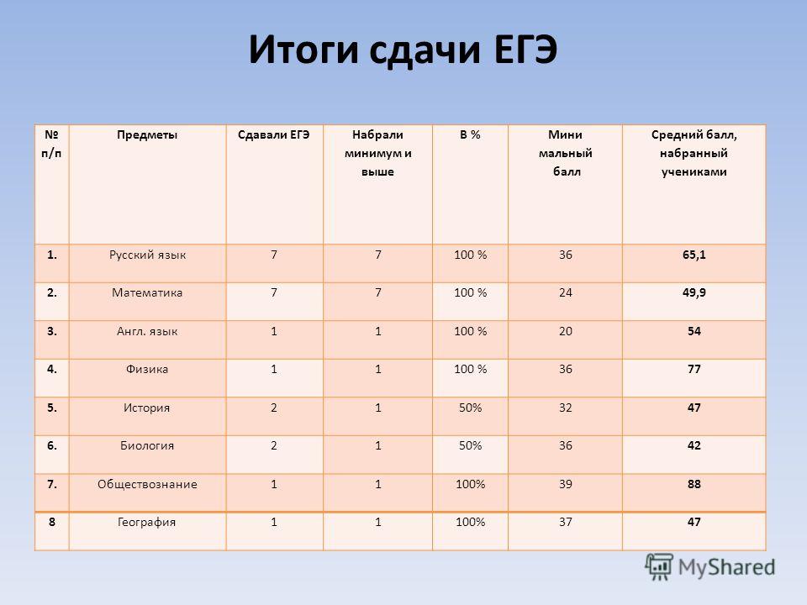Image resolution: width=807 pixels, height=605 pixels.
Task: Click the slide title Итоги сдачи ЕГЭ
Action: click(403, 50)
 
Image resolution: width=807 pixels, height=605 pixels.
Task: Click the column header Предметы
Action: click(147, 135)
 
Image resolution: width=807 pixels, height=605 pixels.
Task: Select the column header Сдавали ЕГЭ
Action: click(274, 134)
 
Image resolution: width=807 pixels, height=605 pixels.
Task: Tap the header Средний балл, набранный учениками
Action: click(694, 153)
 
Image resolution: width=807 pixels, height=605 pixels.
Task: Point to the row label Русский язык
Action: click(147, 255)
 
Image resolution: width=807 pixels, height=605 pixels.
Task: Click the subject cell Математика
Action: click(147, 292)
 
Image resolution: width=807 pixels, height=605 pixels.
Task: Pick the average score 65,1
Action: click(694, 255)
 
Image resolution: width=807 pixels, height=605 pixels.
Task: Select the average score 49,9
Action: click(694, 292)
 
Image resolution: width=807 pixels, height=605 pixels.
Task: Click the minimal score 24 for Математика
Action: click(565, 292)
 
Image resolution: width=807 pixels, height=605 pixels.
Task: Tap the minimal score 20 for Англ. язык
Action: click(565, 331)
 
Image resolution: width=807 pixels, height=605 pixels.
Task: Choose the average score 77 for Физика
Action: click(694, 369)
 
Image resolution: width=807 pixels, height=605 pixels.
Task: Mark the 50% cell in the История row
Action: click(470, 408)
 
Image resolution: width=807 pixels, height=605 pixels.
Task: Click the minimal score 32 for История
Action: click(565, 408)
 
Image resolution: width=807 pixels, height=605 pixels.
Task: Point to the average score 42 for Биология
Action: click(694, 445)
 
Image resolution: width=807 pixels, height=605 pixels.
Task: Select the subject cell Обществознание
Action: click(147, 485)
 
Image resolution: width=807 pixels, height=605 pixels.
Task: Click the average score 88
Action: click(694, 484)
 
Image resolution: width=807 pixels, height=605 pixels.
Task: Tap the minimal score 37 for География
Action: click(565, 522)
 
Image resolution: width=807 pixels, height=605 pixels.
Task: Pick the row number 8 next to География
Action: click(51, 522)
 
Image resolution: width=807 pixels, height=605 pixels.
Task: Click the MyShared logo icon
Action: click(659, 566)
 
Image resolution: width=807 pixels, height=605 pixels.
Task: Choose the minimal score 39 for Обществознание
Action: click(565, 484)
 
